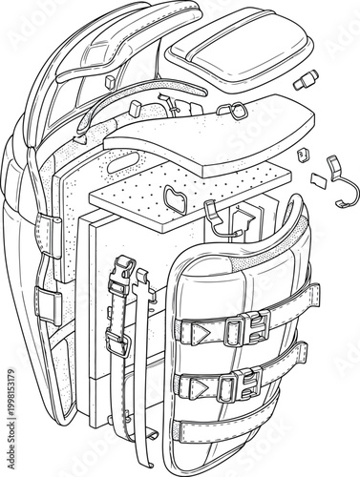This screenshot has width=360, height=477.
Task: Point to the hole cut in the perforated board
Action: click(x=176, y=198)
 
